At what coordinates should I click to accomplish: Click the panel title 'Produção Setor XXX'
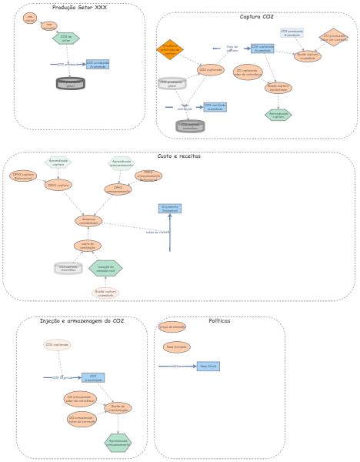(x=79, y=8)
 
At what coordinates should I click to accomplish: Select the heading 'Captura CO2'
(x=256, y=16)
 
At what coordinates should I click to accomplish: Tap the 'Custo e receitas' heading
(x=178, y=156)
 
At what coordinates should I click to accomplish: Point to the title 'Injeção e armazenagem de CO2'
(x=82, y=320)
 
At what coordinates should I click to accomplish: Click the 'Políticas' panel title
(x=219, y=320)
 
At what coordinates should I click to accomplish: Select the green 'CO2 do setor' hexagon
(x=66, y=38)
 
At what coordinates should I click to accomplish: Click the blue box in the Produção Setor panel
(x=98, y=65)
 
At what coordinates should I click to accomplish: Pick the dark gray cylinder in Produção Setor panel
(x=71, y=83)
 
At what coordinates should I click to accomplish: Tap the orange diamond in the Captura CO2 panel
(x=169, y=49)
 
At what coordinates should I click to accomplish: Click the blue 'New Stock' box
(x=208, y=366)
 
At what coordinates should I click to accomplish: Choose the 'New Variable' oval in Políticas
(x=176, y=346)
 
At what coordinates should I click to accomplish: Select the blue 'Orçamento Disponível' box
(x=170, y=208)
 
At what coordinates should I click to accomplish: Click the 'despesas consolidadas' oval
(x=88, y=221)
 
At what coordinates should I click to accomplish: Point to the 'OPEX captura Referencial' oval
(x=23, y=176)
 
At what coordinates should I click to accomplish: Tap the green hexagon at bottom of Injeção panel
(x=118, y=442)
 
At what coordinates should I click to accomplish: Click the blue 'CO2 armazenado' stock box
(x=93, y=377)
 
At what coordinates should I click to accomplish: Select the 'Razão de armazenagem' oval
(x=118, y=407)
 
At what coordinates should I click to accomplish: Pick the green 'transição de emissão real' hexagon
(x=105, y=268)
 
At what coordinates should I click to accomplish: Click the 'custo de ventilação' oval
(x=88, y=245)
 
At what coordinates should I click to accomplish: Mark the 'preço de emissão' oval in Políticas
(x=172, y=326)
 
